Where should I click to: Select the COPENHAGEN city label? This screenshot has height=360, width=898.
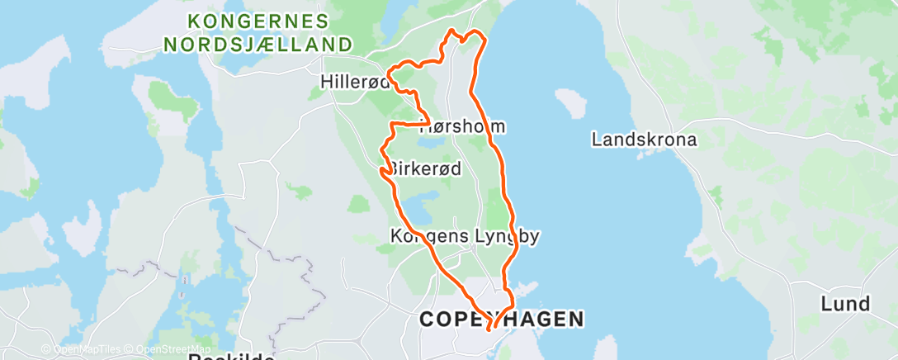(502, 319)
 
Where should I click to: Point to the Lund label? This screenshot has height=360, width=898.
(845, 304)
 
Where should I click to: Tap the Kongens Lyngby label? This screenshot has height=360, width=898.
(464, 237)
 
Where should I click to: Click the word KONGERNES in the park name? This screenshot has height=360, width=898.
(258, 21)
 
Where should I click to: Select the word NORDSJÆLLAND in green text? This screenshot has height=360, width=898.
(258, 45)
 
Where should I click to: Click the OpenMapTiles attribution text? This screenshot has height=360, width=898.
(85, 349)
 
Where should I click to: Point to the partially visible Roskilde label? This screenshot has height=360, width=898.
(231, 357)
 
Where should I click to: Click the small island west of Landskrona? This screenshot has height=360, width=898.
(571, 102)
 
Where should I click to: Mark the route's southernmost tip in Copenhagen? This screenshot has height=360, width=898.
(490, 329)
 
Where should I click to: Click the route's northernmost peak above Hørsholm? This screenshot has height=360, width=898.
(452, 31)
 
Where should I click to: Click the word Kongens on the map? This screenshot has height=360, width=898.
(420, 237)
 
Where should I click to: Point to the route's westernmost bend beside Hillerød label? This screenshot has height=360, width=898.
(389, 79)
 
